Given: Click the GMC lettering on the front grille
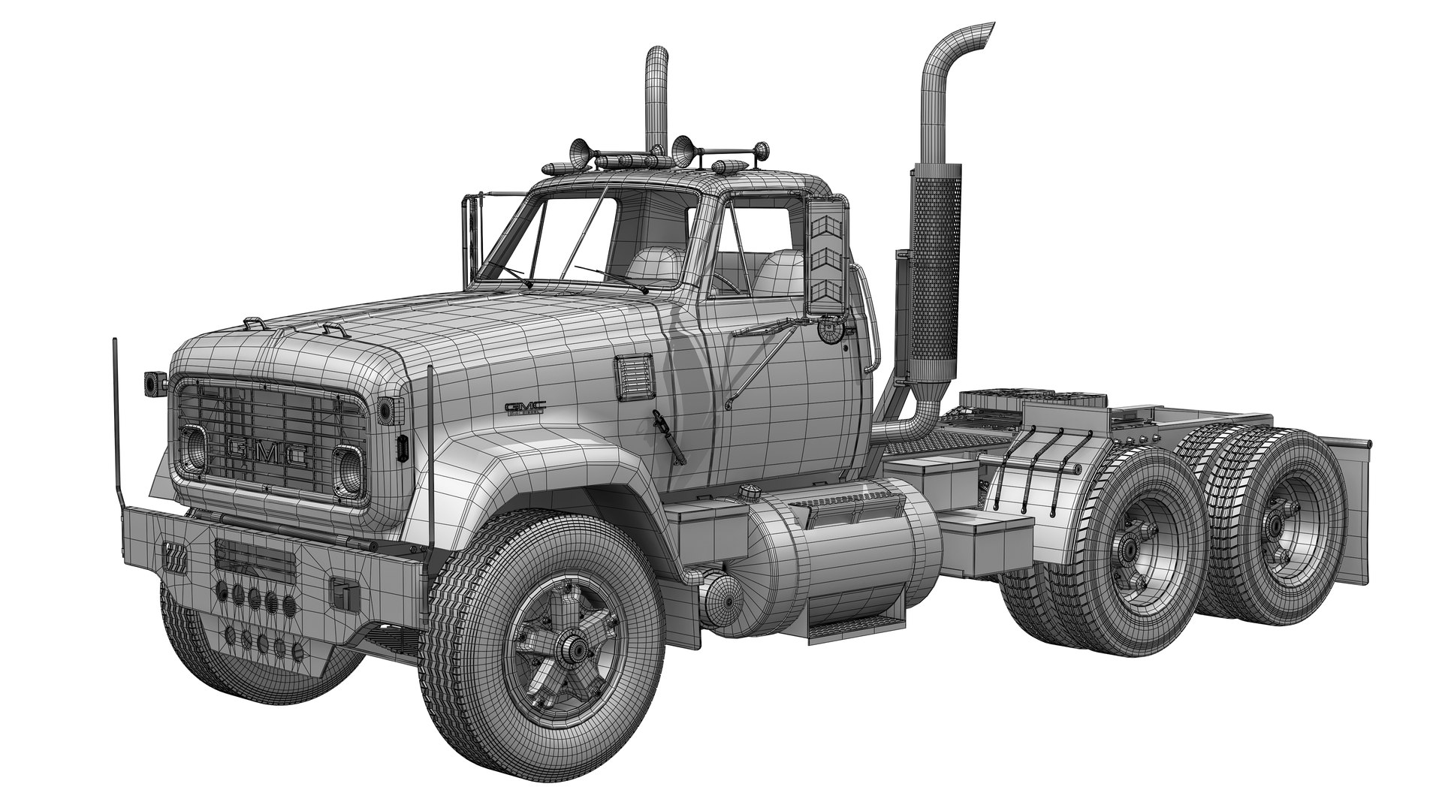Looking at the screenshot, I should point(267,452).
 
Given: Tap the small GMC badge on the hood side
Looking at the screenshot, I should point(525,408).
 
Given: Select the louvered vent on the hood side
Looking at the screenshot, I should point(634,378).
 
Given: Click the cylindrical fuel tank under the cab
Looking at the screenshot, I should point(841,556).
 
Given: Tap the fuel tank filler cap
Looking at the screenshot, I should point(747,493).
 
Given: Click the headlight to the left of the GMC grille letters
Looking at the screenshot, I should point(192,447).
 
